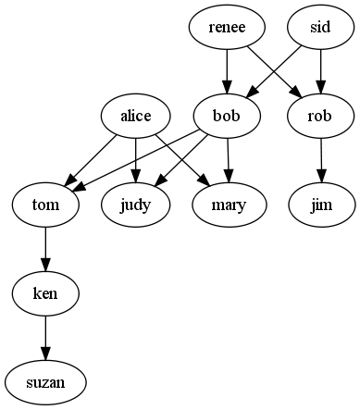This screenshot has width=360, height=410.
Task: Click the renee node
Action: (227, 28)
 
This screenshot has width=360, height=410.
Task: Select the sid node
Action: (320, 28)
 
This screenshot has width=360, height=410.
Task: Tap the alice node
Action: (136, 116)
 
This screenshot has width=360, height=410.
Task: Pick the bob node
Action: (227, 116)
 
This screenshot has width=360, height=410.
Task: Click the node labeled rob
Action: (321, 116)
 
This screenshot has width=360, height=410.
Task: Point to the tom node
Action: (44, 205)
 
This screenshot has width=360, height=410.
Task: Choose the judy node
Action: (136, 205)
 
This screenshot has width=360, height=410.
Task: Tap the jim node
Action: (320, 205)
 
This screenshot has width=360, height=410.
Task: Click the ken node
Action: (44, 293)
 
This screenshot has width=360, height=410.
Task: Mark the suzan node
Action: (44, 381)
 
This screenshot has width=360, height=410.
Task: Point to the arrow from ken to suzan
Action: (44, 337)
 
